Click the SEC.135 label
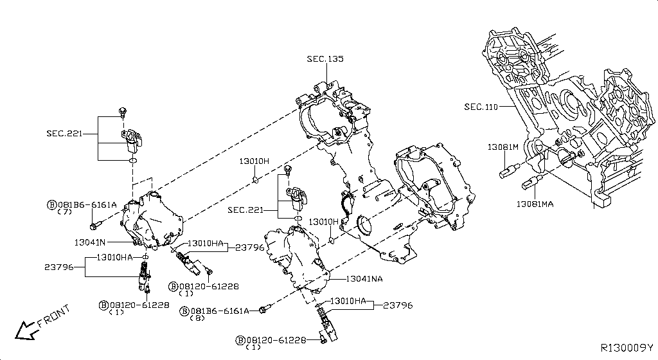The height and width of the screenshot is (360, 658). (x=325, y=59)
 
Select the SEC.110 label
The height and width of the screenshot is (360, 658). (x=481, y=107)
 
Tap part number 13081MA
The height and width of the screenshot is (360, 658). (x=535, y=204)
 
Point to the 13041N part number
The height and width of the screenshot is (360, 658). (x=90, y=242)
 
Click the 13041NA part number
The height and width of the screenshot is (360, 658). (x=364, y=279)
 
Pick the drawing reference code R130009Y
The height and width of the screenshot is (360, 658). (x=627, y=348)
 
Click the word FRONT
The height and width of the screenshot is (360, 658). (x=54, y=316)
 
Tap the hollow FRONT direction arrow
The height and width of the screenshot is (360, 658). (x=25, y=330)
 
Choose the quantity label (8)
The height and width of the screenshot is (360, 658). (x=197, y=318)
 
